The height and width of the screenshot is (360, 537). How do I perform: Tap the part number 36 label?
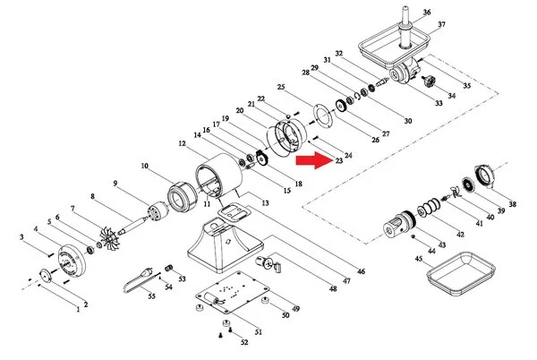427,12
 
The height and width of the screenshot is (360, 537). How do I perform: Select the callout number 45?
418,259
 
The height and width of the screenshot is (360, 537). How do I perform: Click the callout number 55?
151,295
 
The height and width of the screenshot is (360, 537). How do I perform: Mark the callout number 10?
143,166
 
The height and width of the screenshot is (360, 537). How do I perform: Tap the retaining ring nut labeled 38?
483,176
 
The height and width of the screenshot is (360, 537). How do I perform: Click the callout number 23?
339,162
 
